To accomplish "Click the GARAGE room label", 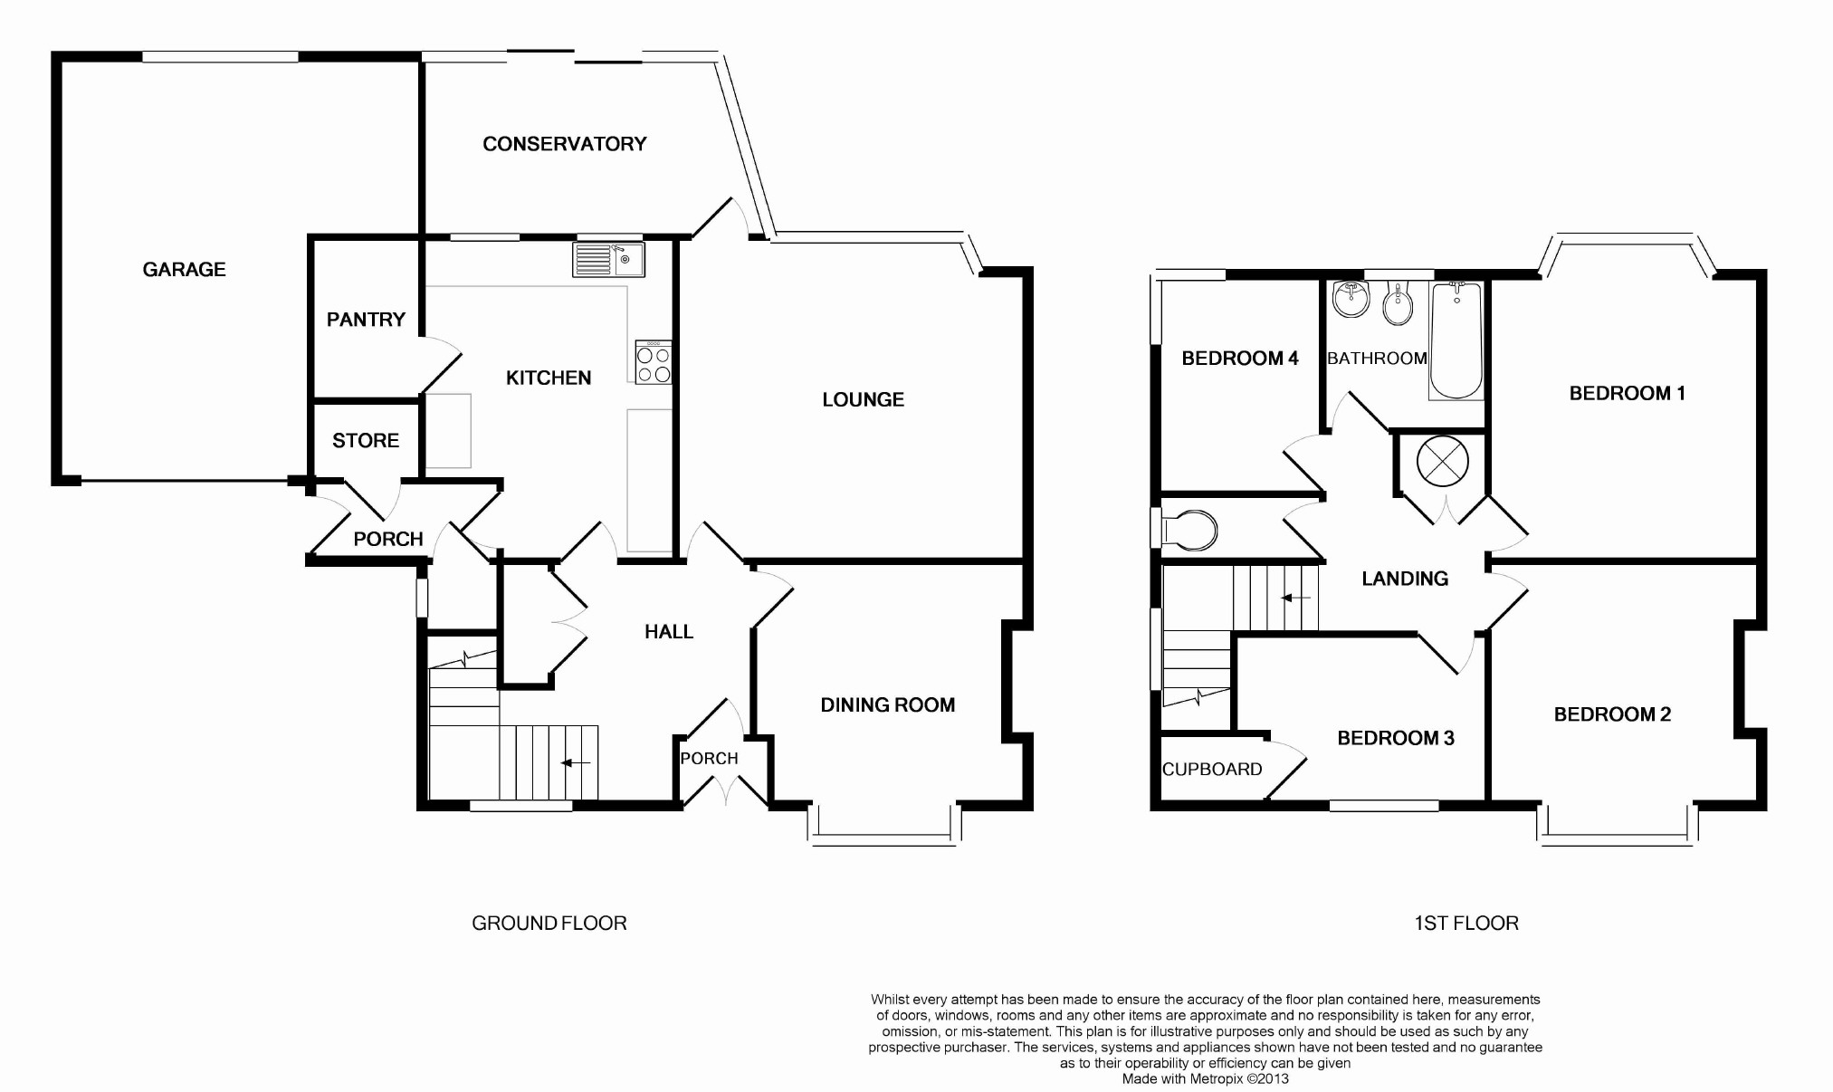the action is pos(184,269).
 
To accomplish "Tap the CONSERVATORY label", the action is pos(565,144).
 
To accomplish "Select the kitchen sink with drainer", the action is pos(608,259).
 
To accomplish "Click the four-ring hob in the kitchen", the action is pos(654,362).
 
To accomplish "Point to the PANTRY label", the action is pos(366,319).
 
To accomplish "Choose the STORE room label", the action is pos(366,440).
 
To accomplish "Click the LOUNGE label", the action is pos(863,399).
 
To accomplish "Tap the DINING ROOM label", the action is pos(888,704).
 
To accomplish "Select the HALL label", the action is pos(669,632).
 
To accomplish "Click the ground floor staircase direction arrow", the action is pos(576,763).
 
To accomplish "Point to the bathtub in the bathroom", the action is pos(1456,340).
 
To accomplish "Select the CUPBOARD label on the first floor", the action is pos(1212,769).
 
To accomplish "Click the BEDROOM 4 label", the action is pos(1240,359).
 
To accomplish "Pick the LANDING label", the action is pos(1405,579).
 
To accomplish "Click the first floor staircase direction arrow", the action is pos(1295,598).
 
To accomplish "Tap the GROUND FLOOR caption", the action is pos(549,923).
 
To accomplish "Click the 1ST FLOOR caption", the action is pos(1466,923).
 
